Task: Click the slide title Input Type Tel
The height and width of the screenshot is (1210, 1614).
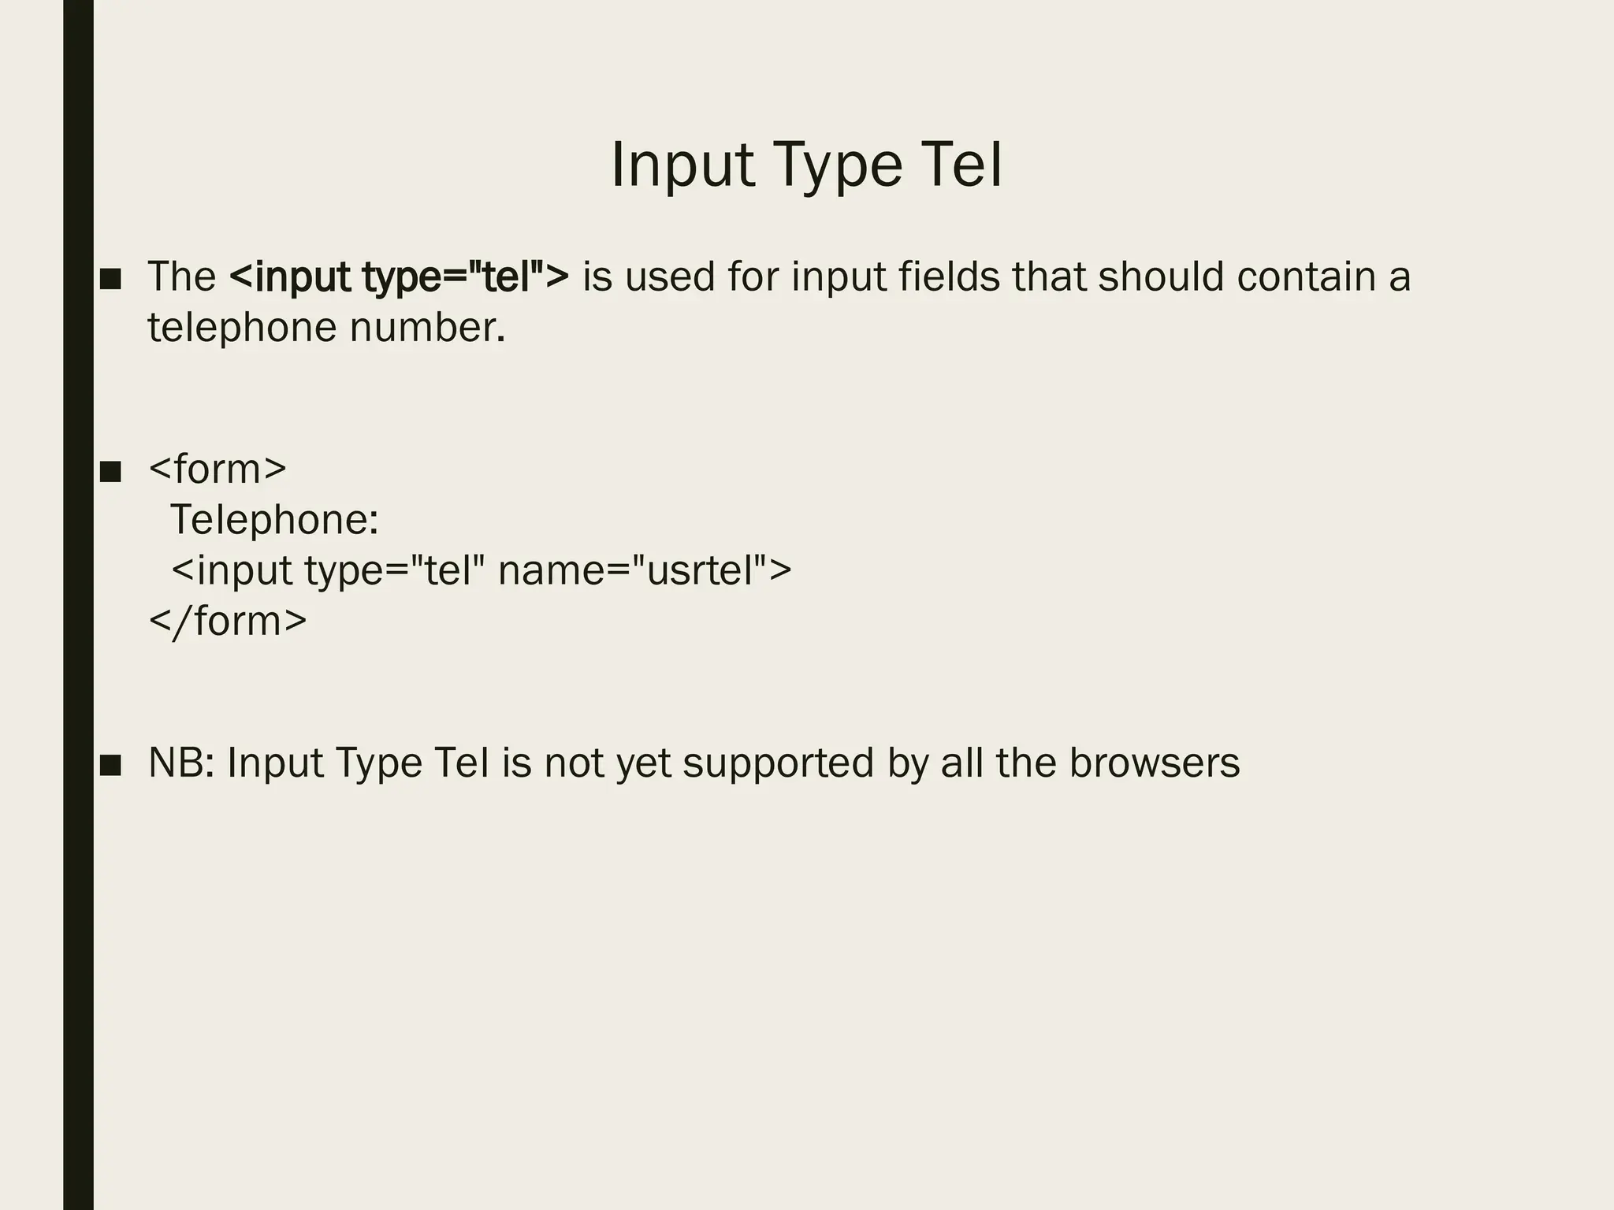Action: [x=806, y=165]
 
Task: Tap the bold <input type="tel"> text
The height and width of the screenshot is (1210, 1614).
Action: [x=399, y=277]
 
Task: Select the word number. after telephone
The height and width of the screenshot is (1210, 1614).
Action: [x=426, y=327]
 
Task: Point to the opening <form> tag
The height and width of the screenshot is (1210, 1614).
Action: [x=218, y=469]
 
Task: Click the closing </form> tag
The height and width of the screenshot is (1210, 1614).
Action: [x=228, y=621]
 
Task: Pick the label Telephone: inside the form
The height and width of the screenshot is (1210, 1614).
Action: [x=274, y=520]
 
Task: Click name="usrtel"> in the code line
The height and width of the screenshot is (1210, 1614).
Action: [x=645, y=570]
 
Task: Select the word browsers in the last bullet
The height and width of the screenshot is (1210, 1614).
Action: [x=1155, y=763]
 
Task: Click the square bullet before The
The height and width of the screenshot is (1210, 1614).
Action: [x=110, y=279]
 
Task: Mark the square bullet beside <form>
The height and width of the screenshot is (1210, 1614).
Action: [x=110, y=471]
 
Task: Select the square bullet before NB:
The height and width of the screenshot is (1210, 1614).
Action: [x=110, y=765]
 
